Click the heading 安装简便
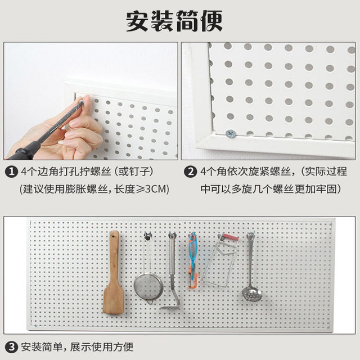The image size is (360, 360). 174,21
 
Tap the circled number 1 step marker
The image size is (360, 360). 11,171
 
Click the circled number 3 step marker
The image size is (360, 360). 11,345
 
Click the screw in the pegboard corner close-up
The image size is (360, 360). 230,134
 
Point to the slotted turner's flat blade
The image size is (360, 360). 170,306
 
